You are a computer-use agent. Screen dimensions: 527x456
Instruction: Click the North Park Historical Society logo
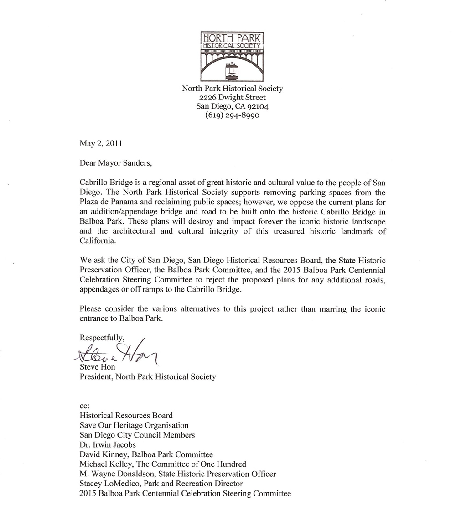tap(233, 56)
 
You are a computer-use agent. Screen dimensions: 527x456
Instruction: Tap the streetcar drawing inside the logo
tap(233, 71)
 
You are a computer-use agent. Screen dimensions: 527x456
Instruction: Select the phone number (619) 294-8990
tap(232, 115)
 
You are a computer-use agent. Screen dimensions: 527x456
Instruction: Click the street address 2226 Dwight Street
tap(232, 97)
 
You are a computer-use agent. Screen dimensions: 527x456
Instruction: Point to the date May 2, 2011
tap(101, 143)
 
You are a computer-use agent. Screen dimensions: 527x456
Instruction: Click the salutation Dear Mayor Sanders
tap(114, 162)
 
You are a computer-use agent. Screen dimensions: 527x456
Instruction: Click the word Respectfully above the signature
tap(102, 338)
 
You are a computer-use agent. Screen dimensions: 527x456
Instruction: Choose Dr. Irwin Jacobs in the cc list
tap(108, 444)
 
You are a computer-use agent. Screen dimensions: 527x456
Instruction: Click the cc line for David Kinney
tap(146, 454)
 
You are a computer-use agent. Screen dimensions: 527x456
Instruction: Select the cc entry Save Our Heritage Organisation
tap(134, 425)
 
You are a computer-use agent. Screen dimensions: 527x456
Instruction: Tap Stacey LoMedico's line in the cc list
tap(161, 483)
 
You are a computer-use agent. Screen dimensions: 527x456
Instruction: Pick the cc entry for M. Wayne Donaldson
tap(177, 474)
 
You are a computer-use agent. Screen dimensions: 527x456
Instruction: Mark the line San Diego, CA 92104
tap(232, 106)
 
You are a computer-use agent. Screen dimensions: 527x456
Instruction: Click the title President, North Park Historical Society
tap(148, 376)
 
